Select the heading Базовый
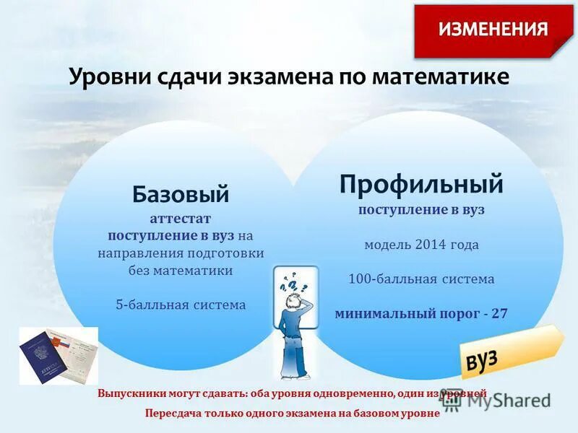point(181,193)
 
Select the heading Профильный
point(421,184)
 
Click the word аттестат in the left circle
point(181,218)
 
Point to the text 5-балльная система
point(181,305)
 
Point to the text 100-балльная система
point(421,279)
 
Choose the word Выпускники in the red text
point(130,394)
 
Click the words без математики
point(181,271)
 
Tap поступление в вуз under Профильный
point(421,209)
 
